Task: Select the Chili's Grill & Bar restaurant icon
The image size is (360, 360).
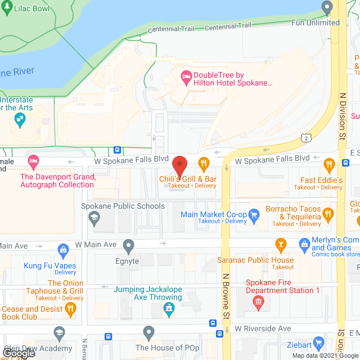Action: (204, 164)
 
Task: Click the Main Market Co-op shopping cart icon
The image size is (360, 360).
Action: (254, 214)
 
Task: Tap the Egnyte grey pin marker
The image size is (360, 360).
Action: (129, 245)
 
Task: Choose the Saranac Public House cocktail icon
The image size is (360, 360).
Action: (280, 245)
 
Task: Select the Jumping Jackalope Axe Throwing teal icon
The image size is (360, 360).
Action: (168, 308)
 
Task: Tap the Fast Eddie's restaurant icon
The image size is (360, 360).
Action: (330, 164)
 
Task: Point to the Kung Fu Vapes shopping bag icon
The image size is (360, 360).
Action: (64, 249)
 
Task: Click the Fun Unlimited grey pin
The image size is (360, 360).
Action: (327, 7)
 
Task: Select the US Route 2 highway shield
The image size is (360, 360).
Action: (305, 137)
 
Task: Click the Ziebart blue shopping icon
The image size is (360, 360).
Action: (319, 342)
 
